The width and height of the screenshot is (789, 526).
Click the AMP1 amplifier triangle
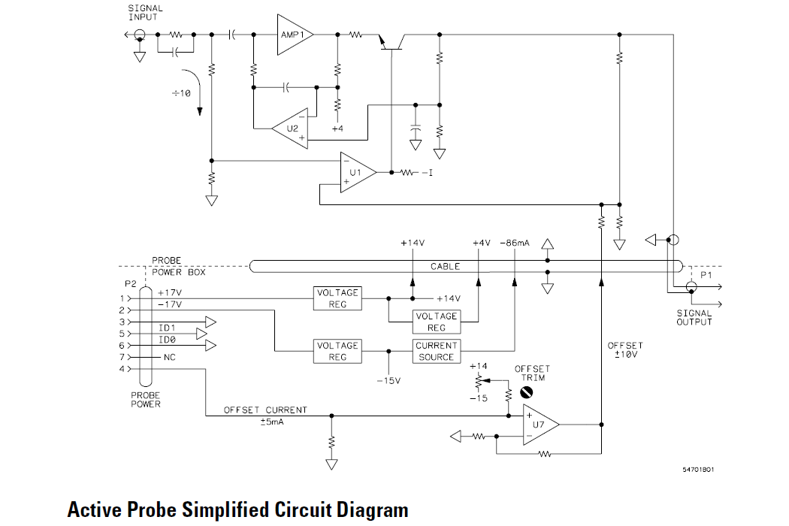[x=292, y=35]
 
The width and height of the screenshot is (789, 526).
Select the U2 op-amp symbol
[x=290, y=128]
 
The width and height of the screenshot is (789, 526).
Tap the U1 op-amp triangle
[x=357, y=172]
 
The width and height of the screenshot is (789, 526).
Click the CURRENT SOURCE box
[x=436, y=351]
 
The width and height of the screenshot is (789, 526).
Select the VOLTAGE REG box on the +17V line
[x=337, y=298]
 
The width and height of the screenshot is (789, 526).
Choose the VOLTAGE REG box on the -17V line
[x=337, y=351]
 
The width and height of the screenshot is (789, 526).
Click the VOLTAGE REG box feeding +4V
[x=436, y=322]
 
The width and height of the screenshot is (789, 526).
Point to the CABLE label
[x=446, y=267]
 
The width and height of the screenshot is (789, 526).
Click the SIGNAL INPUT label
[x=145, y=13]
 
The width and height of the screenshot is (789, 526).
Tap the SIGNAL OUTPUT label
[x=694, y=318]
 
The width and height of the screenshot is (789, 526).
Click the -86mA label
[x=514, y=243]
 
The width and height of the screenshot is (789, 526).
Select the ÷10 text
[x=182, y=93]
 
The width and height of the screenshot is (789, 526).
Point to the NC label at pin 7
[x=169, y=357]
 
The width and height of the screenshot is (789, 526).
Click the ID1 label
[x=166, y=328]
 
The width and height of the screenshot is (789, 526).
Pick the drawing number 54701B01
[x=698, y=470]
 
